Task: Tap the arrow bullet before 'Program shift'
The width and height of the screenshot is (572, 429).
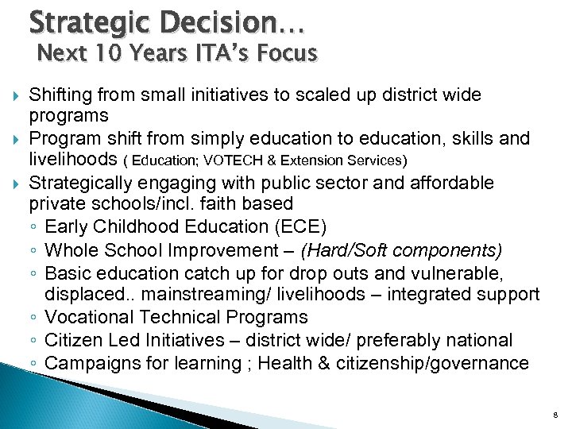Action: pos(14,139)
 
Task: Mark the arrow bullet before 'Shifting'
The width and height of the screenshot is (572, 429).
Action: pos(14,95)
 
